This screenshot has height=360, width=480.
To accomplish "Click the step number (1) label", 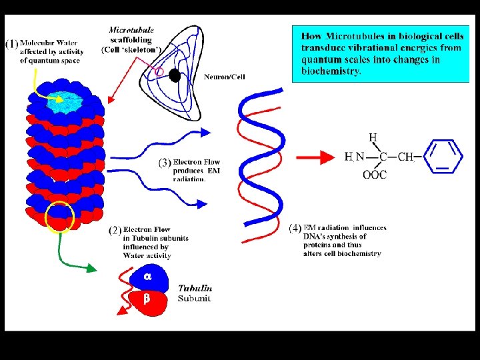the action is coord(12,45).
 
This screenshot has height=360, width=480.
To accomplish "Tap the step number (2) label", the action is coord(115,231).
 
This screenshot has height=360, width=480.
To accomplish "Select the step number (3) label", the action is coord(164,163).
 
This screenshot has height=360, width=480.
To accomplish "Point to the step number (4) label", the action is coord(295,229).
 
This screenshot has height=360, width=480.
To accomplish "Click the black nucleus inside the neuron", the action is coord(175,75).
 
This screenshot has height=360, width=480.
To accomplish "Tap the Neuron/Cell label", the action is coord(225,77).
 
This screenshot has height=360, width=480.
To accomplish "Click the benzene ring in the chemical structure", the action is coord(443,156).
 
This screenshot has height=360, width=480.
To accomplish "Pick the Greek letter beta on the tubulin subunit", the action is coord(147,299).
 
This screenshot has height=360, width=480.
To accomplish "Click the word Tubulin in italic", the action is coord(195,288).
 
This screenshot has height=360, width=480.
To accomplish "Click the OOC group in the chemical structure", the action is coord(374,175).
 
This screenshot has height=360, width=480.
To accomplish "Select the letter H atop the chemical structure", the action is coord(373,138).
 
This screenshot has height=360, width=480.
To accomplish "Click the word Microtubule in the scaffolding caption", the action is coord(131,29).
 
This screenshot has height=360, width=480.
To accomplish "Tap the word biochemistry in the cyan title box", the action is coord(331,70).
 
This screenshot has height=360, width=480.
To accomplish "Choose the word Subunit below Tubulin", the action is coord(194,298).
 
